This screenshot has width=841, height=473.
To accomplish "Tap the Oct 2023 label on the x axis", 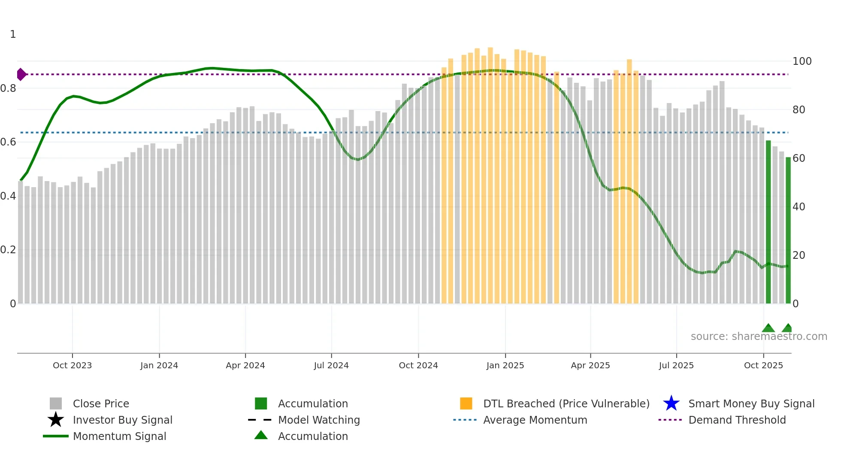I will [72, 365].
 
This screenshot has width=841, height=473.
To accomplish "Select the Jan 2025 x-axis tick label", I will [505, 365].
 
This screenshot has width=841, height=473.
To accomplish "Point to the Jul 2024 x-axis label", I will [331, 365].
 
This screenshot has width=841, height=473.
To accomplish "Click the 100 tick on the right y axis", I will [802, 61].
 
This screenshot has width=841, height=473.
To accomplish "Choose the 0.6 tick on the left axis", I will [8, 142].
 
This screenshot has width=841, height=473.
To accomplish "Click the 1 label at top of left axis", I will [13, 34].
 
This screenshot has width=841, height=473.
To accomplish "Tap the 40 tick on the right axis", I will [799, 207].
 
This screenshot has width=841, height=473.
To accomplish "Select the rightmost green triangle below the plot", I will [787, 328].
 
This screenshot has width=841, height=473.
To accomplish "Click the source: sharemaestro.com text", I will [759, 337].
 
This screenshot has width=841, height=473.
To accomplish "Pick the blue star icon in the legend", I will [671, 403].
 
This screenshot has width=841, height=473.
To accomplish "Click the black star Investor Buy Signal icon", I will [56, 420].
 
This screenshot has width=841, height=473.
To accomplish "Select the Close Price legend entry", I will [101, 403].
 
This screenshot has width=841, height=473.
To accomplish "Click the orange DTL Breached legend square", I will [466, 403].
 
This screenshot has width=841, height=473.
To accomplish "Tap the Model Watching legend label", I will [319, 420].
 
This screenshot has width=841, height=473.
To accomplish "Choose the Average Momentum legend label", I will [535, 420].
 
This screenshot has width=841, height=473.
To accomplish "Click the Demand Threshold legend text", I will [737, 420].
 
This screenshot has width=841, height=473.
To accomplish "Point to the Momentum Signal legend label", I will [119, 436].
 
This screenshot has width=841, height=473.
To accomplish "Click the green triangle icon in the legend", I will [261, 435].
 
